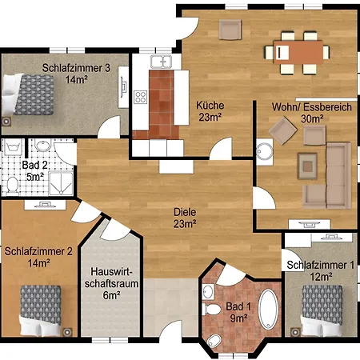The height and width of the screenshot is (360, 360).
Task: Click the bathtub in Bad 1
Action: (269, 310)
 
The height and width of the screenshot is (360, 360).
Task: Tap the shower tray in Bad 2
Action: (62, 184)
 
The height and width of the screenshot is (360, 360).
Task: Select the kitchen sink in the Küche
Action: (161, 62)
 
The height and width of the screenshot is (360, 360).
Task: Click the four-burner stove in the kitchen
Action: (141, 97)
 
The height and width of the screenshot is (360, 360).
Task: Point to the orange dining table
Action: (298, 52)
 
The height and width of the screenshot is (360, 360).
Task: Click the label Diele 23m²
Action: (185, 218)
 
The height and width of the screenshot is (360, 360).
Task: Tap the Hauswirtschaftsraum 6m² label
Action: (111, 283)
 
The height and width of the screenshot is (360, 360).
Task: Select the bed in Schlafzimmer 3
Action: (27, 94)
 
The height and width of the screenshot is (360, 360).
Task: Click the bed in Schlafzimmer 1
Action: (322, 310)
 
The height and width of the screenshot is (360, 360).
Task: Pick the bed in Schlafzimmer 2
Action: (41, 310)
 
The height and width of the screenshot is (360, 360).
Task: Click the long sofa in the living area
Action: (338, 175)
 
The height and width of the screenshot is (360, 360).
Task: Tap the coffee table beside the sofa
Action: (307, 166)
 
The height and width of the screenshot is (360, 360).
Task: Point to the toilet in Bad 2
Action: (12, 185)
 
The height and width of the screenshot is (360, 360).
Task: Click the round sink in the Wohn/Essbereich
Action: (265, 152)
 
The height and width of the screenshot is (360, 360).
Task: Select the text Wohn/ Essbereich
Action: (312, 107)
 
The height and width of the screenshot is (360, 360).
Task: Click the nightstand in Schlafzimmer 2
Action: (67, 332)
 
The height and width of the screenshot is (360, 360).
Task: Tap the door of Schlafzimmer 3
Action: (109, 127)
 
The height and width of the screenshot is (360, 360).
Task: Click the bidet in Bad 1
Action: (214, 342)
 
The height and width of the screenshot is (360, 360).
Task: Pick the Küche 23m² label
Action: (210, 111)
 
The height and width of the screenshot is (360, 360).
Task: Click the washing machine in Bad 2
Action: (13, 147)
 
